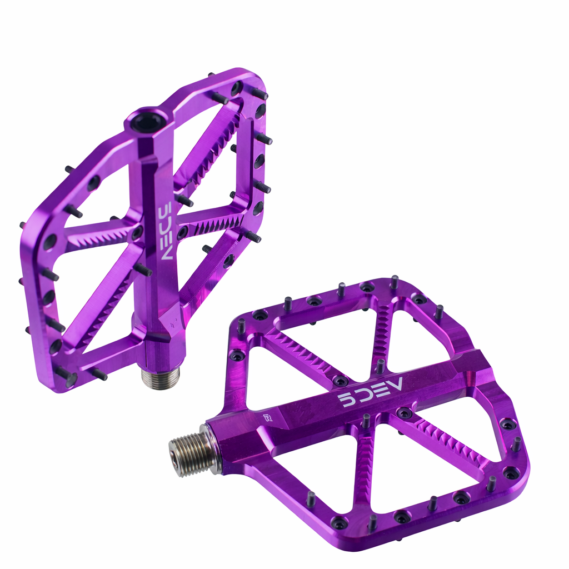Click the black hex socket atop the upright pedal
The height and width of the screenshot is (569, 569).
tap(147, 119)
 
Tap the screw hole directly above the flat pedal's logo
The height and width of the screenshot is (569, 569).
tap(341, 381)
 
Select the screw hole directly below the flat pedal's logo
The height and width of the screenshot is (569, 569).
tap(404, 413)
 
